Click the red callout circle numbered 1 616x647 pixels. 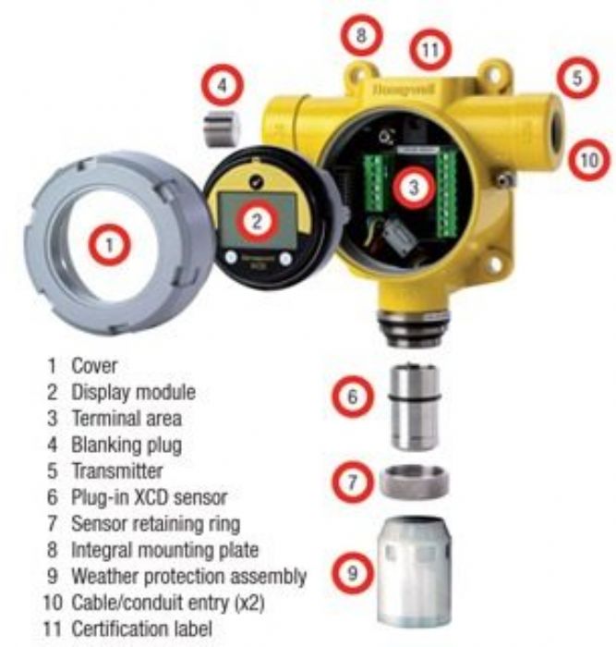(x=110, y=246)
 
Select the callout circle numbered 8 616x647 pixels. (x=361, y=37)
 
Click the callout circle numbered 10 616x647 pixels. (x=587, y=159)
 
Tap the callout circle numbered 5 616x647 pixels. (x=577, y=79)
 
